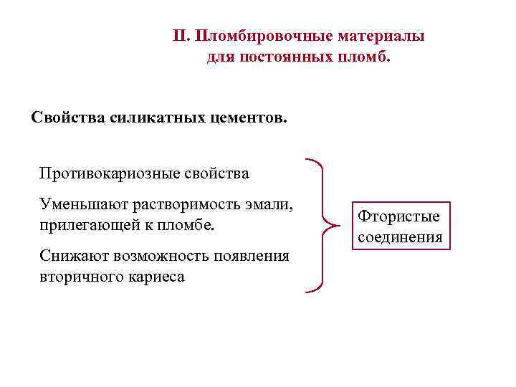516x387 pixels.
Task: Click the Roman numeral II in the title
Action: (181, 35)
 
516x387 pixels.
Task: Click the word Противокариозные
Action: (107, 173)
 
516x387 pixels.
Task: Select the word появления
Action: (255, 257)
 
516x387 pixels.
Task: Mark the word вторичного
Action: (78, 276)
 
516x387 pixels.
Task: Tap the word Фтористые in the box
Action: (399, 216)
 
